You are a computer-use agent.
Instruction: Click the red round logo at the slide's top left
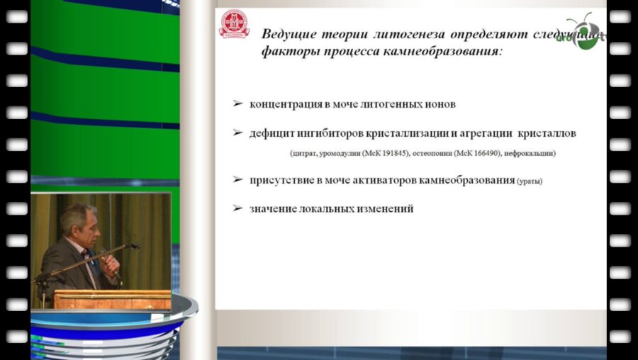pyautogui.click(x=234, y=24)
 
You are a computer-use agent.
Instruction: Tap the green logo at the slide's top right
pyautogui.click(x=586, y=33)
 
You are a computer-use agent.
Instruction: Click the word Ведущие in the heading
pyautogui.click(x=286, y=34)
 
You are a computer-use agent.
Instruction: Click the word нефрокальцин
pyautogui.click(x=532, y=153)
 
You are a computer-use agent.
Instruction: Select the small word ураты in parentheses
pyautogui.click(x=530, y=181)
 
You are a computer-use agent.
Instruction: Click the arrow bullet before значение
pyautogui.click(x=238, y=209)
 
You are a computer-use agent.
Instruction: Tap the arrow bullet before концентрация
pyautogui.click(x=238, y=103)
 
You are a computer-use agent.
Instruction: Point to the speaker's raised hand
pyautogui.click(x=111, y=263)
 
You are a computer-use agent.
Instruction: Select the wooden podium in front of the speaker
pyautogui.click(x=111, y=298)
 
